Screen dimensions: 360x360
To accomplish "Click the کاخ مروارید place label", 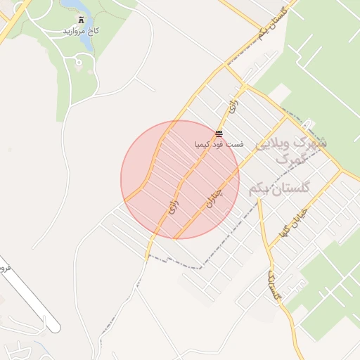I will click(73, 32).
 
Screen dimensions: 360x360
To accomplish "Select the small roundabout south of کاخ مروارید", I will click(78, 63).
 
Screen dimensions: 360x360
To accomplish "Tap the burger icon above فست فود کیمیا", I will click(219, 133).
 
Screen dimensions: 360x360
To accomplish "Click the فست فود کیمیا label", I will click(219, 144).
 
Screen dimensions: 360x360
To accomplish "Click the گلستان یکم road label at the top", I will click(274, 22).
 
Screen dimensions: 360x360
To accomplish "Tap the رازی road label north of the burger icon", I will click(232, 108).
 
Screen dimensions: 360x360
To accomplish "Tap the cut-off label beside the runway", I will click(4, 267).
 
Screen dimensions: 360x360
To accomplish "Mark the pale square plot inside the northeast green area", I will click(280, 92).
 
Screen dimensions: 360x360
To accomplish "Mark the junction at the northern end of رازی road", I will click(243, 87).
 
